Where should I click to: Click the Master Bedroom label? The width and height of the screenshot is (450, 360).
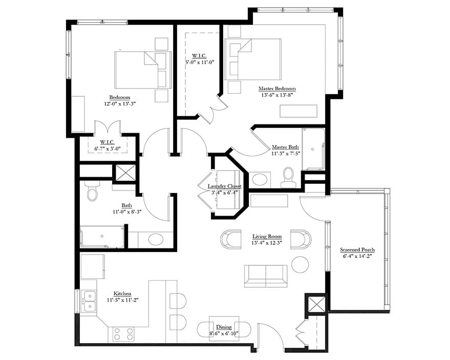(x=277, y=89)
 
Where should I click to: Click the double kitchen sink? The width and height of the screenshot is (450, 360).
(x=89, y=301)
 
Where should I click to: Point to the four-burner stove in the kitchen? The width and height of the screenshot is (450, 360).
(x=123, y=334)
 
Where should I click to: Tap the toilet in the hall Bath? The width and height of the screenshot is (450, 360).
(x=93, y=192)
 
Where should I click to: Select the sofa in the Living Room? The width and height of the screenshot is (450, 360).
(x=265, y=276)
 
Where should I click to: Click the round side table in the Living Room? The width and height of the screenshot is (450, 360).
(x=300, y=264)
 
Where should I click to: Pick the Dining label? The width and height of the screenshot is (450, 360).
(x=224, y=327)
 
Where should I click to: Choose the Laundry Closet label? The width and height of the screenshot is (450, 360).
(x=224, y=186)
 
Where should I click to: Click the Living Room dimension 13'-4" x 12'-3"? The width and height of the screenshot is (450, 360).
(x=267, y=243)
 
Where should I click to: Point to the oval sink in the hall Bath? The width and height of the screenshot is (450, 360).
(x=155, y=239)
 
